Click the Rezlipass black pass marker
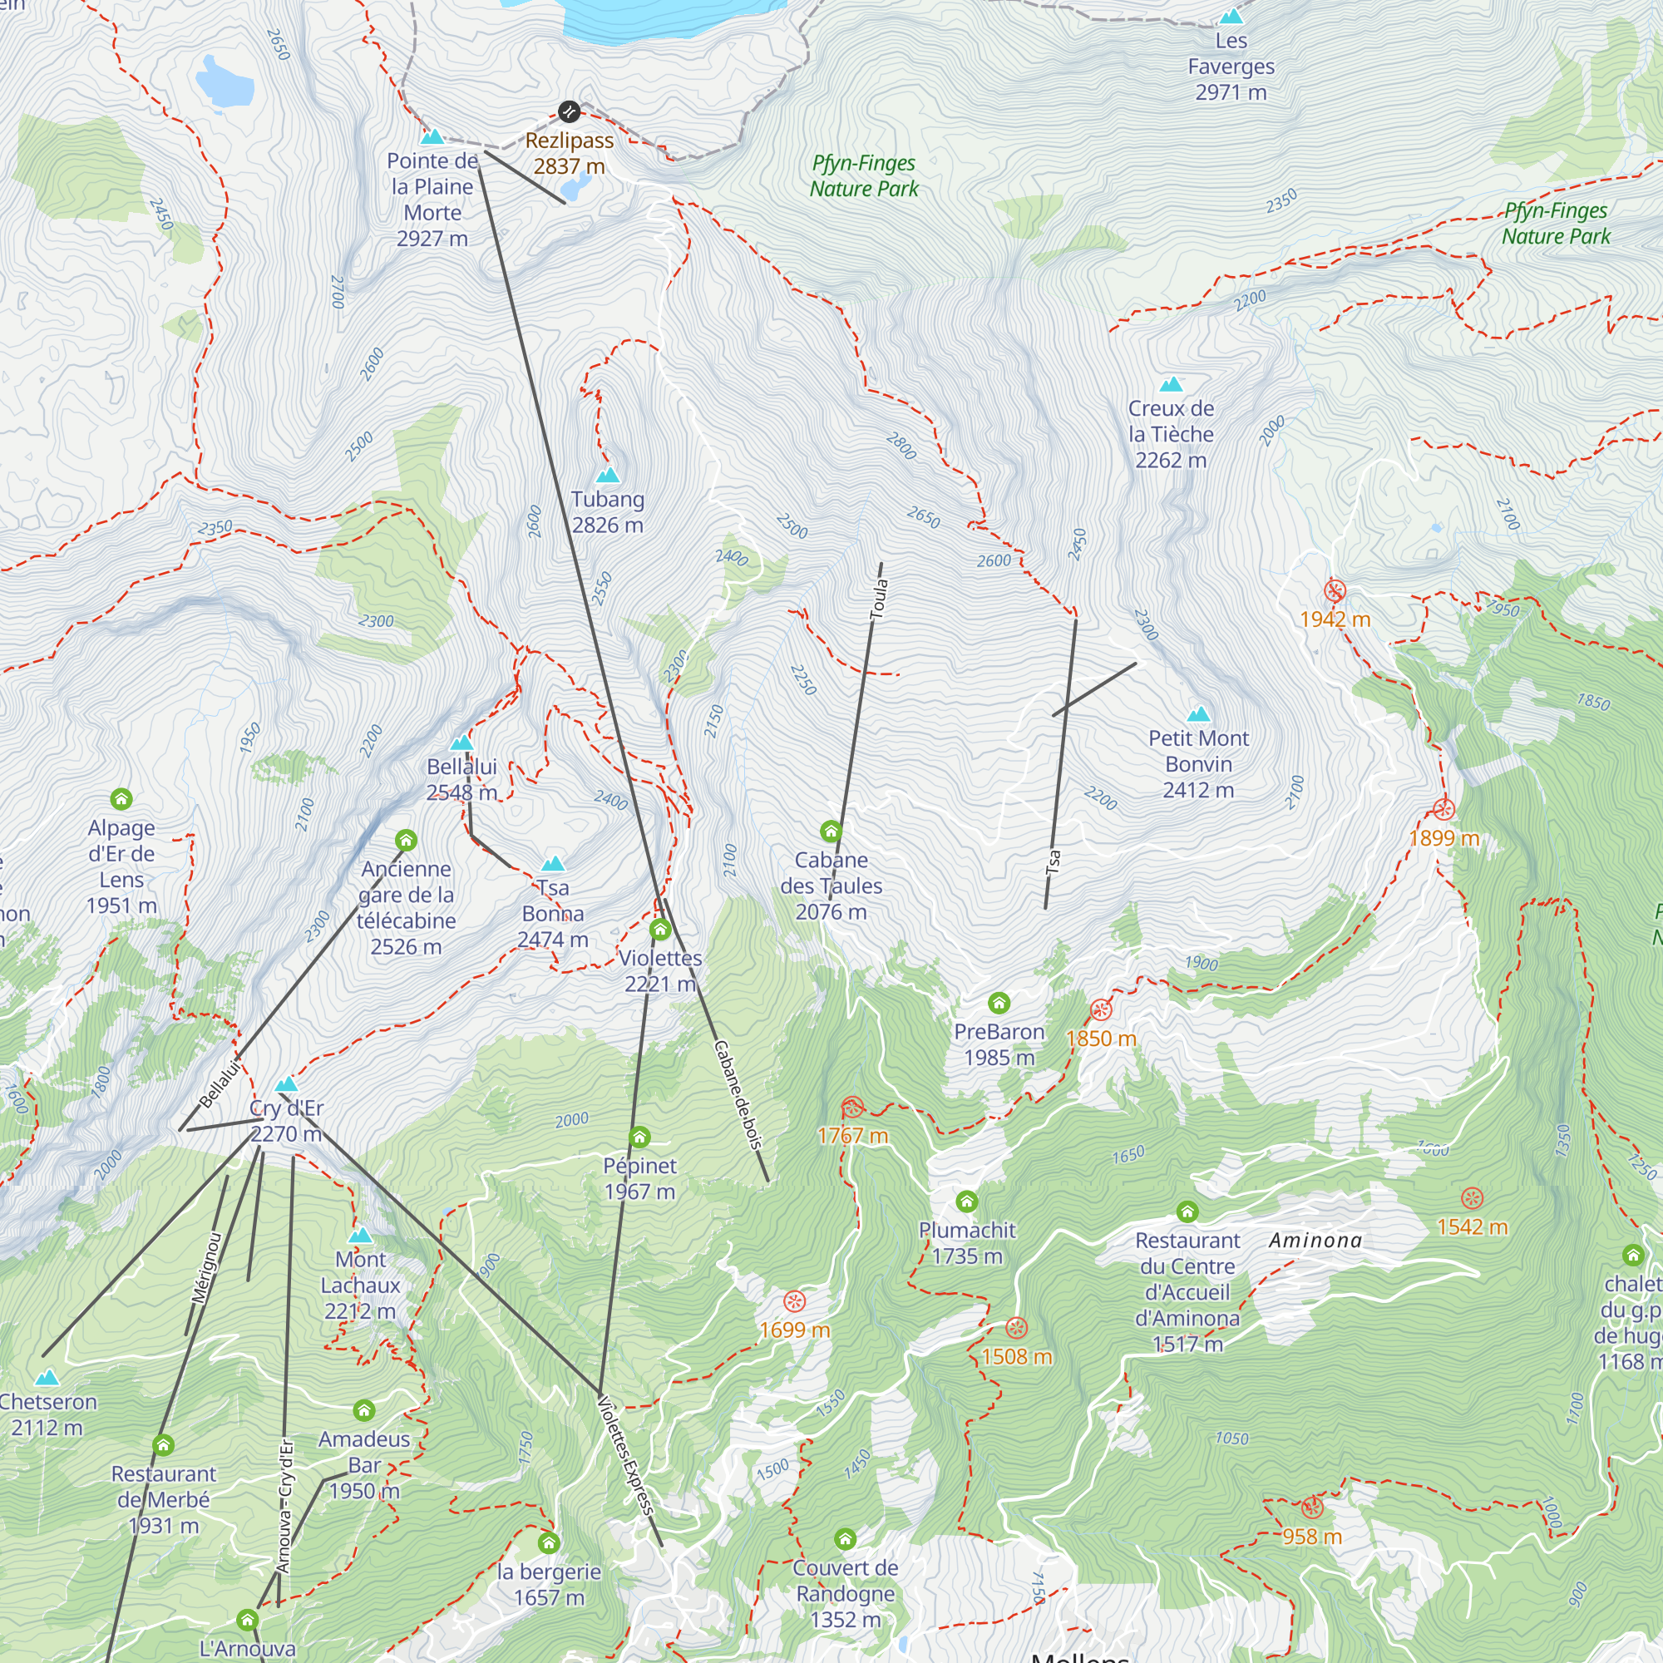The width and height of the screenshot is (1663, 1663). coord(568,111)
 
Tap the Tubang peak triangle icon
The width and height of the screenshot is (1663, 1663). coord(608,475)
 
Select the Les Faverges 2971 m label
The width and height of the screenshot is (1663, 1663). coord(1231,67)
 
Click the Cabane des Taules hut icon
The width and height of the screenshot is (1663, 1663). coord(831,831)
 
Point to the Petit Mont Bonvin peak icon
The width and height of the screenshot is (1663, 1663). coord(1198,714)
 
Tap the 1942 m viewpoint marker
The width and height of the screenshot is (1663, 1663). coord(1335,591)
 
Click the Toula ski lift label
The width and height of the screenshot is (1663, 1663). coord(879,598)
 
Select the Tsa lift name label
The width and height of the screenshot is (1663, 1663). coord(1054,861)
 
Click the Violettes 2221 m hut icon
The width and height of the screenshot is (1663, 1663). coord(660,930)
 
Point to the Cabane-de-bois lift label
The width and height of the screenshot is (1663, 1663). coord(738,1095)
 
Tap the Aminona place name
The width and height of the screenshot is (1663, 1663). coord(1315,1241)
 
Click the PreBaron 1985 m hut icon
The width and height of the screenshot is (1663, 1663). coord(999,1003)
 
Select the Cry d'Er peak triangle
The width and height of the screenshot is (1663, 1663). coord(287,1084)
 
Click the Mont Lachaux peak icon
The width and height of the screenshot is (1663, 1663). coord(360,1236)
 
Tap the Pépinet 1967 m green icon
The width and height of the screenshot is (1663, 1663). coord(639,1137)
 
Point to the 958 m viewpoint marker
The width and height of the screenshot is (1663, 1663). coord(1312,1508)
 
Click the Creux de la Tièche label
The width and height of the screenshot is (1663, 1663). coord(1171,434)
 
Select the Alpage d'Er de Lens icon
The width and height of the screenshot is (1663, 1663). coord(121,799)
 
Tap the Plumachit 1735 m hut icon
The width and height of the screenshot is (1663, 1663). coord(967,1201)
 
